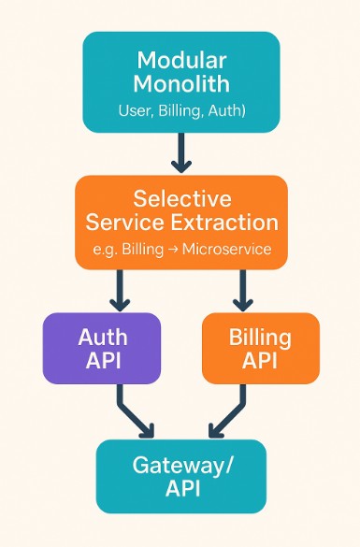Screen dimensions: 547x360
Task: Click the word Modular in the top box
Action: (x=181, y=60)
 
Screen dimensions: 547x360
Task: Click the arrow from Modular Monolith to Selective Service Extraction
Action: (x=181, y=152)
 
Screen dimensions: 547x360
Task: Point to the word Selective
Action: (x=181, y=198)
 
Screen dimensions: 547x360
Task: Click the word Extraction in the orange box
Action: (x=230, y=223)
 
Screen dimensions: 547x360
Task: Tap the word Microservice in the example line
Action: (x=227, y=249)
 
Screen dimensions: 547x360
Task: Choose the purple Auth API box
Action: (x=102, y=348)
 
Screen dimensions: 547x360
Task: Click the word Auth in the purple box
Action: (x=102, y=337)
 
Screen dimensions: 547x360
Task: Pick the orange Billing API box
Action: (x=260, y=348)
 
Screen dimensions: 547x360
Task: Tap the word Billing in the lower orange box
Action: (x=260, y=337)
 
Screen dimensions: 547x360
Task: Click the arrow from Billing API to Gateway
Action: (x=227, y=411)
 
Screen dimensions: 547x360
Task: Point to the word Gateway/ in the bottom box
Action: (x=181, y=466)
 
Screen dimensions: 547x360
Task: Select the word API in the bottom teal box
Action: (x=181, y=490)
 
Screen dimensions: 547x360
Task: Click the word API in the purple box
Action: (x=102, y=361)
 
